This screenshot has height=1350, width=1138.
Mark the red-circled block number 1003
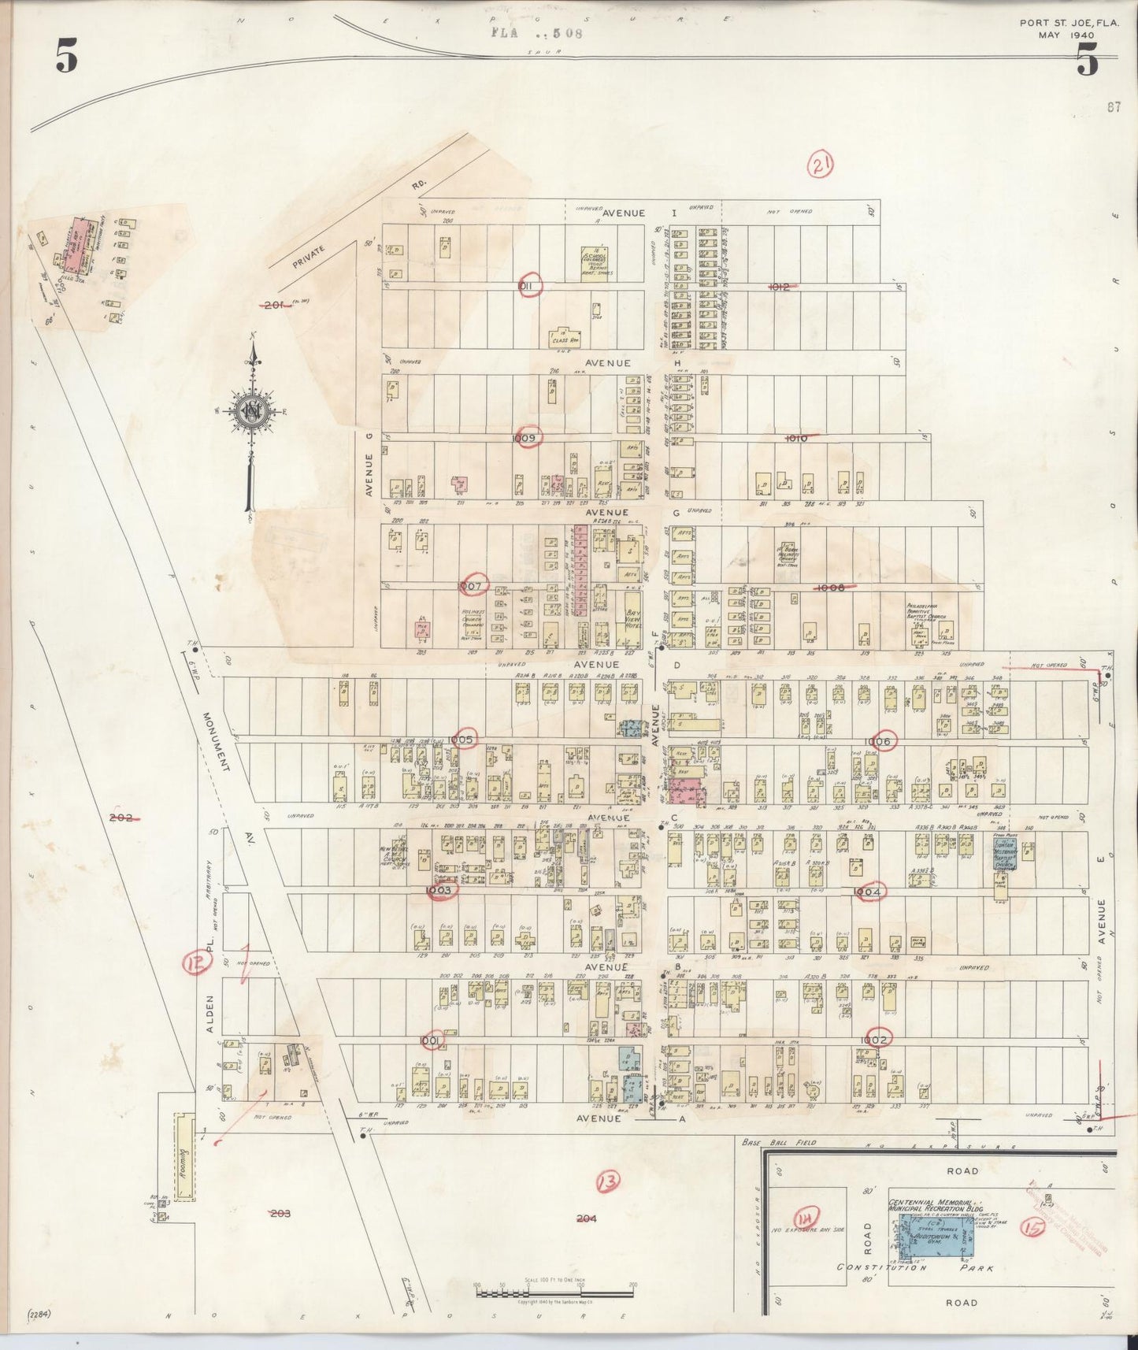pyautogui.click(x=438, y=890)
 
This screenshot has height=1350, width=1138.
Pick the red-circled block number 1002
pyautogui.click(x=877, y=1039)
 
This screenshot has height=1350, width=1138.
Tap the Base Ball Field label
pyautogui.click(x=780, y=1141)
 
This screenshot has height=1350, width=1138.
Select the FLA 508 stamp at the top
pyautogui.click(x=536, y=34)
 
